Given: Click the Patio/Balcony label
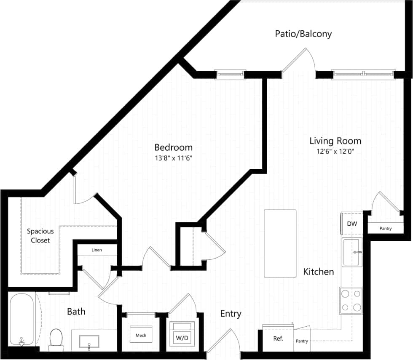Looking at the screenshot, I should click(303, 34).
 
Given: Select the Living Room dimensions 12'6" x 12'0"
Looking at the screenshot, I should click(335, 152).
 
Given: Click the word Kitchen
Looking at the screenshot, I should click(319, 272).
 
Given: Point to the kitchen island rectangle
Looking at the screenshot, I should click(280, 243).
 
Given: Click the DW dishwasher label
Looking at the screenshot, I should click(352, 224).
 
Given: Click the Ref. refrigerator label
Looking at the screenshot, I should click(278, 338).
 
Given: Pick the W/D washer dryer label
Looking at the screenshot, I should click(182, 338).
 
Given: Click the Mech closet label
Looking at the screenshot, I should click(141, 336).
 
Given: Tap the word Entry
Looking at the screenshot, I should click(231, 314).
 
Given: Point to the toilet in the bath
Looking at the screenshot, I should click(56, 339).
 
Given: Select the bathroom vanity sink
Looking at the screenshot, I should click(89, 341).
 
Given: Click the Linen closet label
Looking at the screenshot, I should click(97, 250).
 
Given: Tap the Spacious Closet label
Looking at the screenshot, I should click(40, 236).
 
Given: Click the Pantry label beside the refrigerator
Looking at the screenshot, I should click(302, 341).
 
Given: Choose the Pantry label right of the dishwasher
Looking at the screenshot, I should click(385, 229).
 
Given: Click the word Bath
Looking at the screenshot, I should click(76, 312).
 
